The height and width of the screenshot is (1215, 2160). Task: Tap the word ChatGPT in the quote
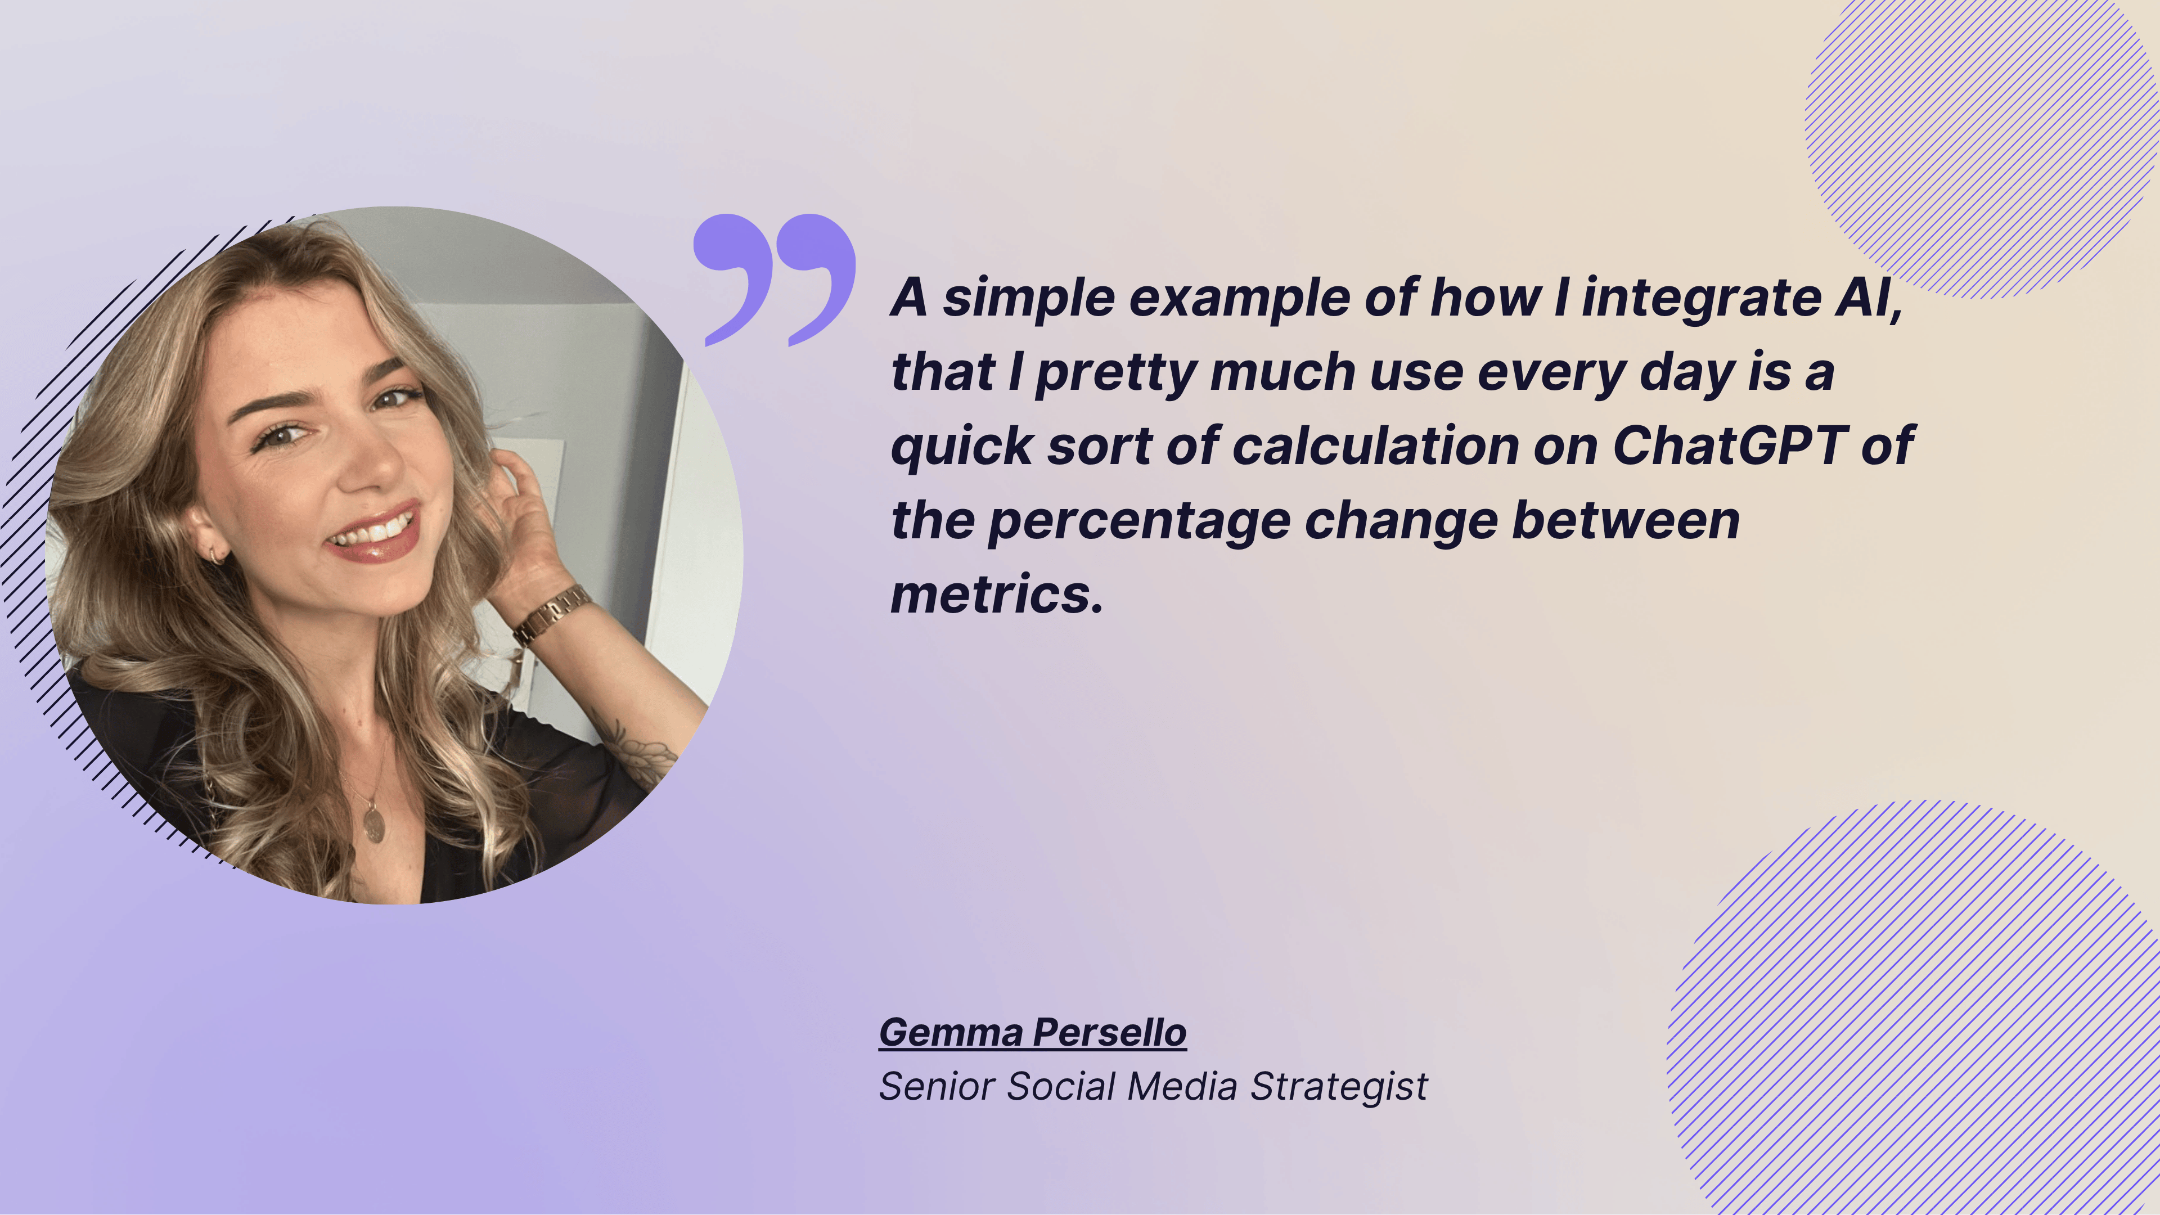(1730, 445)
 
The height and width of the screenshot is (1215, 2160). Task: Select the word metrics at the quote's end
(996, 595)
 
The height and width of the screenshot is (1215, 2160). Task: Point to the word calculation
(1376, 445)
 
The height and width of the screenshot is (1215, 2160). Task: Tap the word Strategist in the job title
(1339, 1087)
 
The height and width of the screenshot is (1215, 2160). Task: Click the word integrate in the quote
(1700, 299)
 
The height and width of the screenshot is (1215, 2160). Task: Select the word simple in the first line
(1029, 299)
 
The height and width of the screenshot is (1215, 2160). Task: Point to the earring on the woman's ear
(217, 555)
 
